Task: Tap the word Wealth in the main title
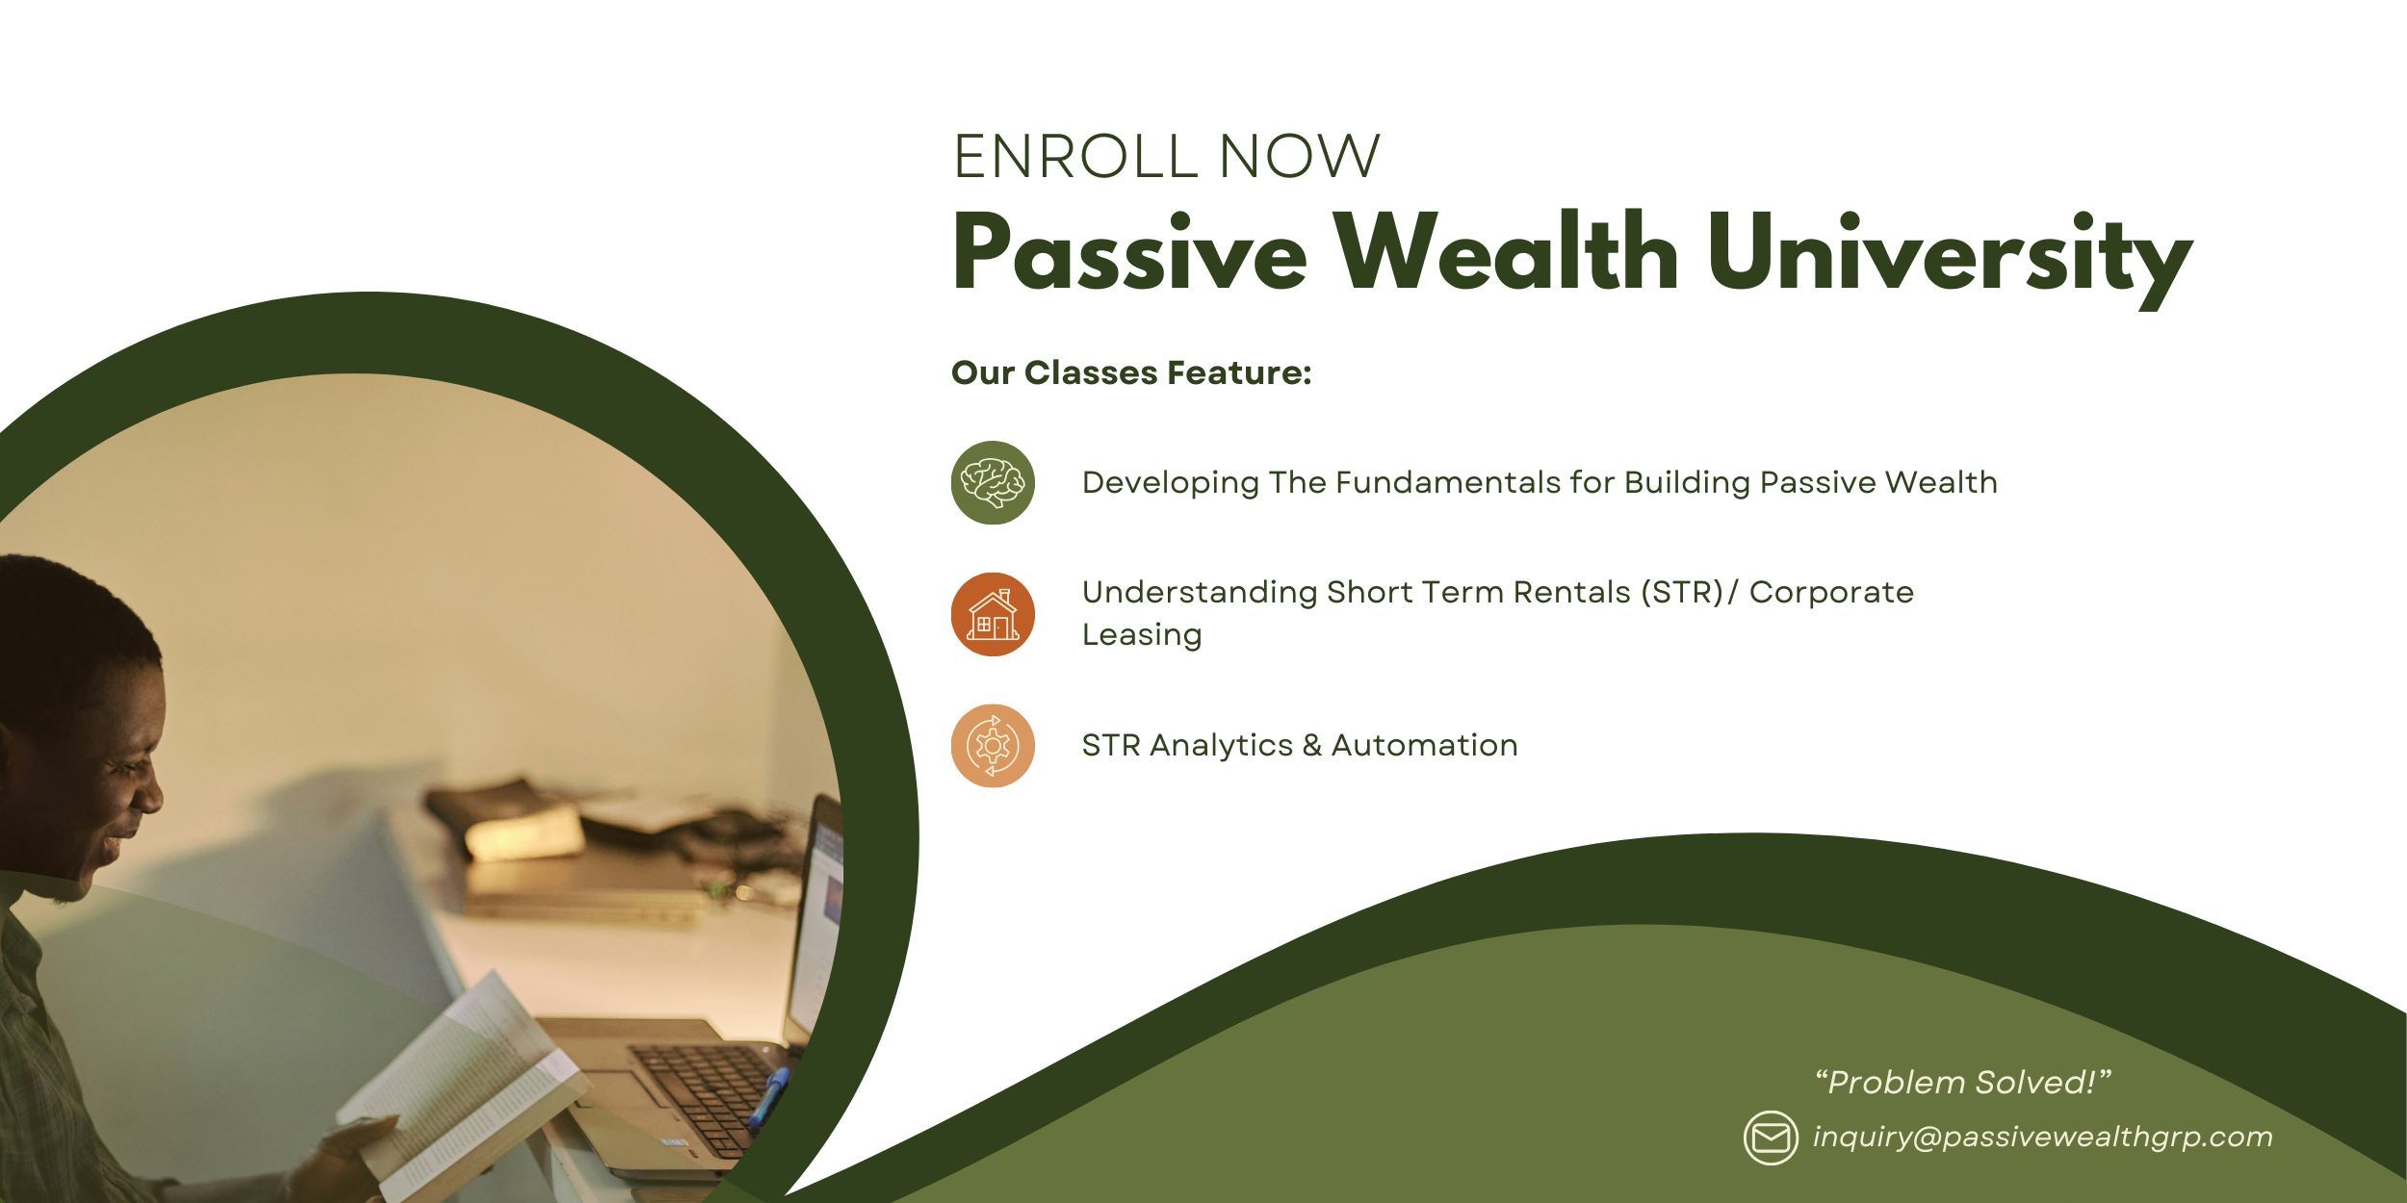click(1507, 252)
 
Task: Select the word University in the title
click(1950, 254)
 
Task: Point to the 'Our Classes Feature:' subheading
click(1131, 373)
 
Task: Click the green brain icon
click(993, 483)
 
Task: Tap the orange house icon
click(993, 615)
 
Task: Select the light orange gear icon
click(993, 746)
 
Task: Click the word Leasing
click(1142, 635)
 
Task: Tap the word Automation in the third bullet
click(1424, 746)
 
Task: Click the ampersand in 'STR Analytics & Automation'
click(1311, 746)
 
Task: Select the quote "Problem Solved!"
click(1963, 1083)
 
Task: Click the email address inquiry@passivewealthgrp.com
click(2042, 1138)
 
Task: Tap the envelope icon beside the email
click(1771, 1138)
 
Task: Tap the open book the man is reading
click(462, 1088)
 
